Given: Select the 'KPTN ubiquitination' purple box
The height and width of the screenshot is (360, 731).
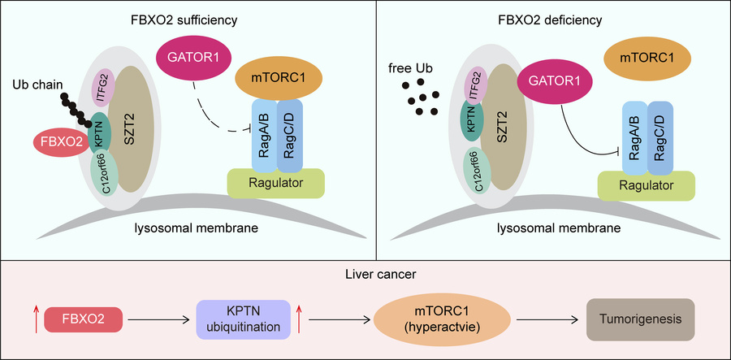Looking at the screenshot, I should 243,318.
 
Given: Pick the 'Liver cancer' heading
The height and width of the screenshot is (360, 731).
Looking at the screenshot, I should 365,275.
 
